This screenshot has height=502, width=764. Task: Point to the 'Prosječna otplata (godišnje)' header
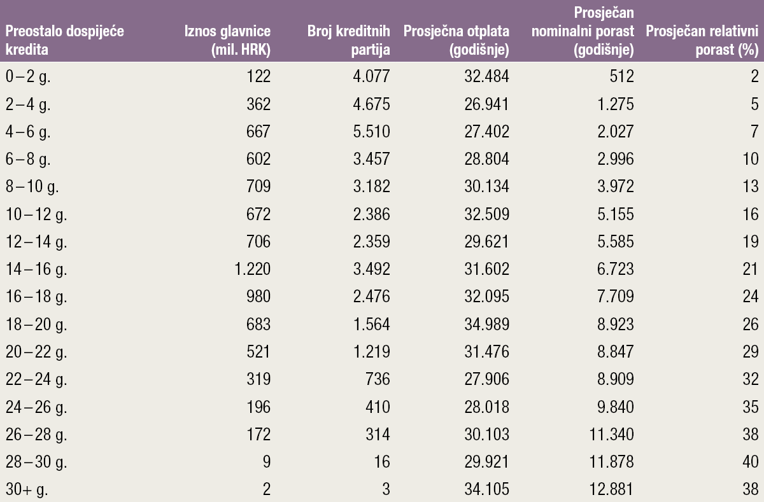tap(456, 39)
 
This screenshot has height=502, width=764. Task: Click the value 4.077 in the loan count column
tap(370, 77)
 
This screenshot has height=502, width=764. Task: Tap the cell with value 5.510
tap(370, 132)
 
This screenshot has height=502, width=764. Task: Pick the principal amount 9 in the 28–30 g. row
tap(266, 461)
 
